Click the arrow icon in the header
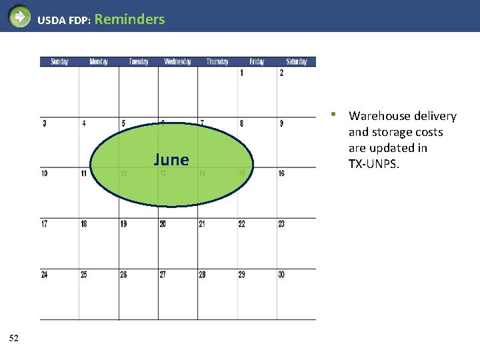pos(20,16)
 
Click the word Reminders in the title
pos(130,19)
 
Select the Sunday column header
pos(59,62)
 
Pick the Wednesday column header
pos(177,62)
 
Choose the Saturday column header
pos(297,62)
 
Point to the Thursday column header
pos(217,62)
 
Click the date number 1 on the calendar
pos(241,73)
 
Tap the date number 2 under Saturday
pos(281,73)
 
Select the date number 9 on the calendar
pos(281,123)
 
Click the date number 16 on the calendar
pos(281,173)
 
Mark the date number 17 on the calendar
pos(44,224)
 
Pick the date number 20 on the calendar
pos(163,224)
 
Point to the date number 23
pos(281,224)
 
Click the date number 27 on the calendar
pos(163,275)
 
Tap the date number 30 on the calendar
pos(281,275)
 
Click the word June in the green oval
pos(171,159)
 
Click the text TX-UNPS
pos(374,164)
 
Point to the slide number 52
pos(14,339)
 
